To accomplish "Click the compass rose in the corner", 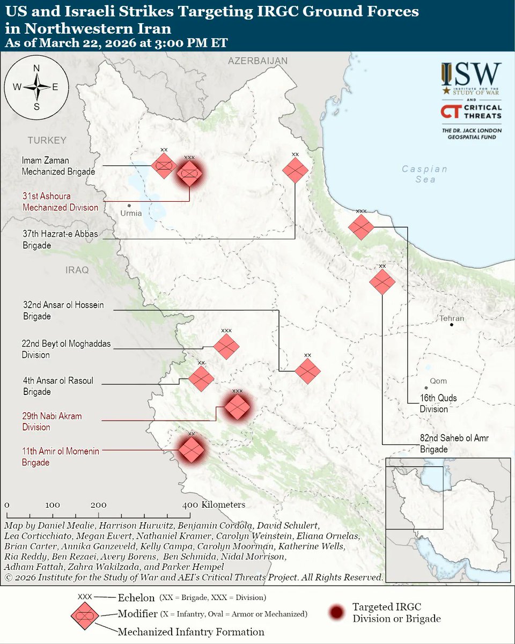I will click(36, 86).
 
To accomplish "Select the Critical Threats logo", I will click(471, 112).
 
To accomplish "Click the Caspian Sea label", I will click(425, 174).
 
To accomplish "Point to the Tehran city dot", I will click(452, 325).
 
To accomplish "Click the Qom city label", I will click(438, 381).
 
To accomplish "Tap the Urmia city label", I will click(132, 213).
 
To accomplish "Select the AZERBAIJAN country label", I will click(257, 61).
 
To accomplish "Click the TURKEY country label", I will click(47, 141).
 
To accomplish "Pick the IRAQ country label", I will click(77, 270).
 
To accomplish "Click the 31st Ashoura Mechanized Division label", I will click(60, 202).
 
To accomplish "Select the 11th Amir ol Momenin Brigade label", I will click(61, 457).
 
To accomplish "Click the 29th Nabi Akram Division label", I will click(51, 421).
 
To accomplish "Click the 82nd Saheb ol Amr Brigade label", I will click(454, 443).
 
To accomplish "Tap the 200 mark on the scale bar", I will click(98, 505).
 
